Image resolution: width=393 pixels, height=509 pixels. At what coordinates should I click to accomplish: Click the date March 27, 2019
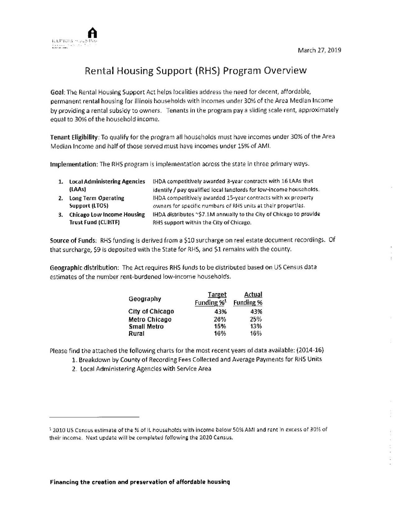coord(319,50)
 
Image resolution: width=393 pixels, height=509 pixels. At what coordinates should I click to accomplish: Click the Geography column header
coord(144,299)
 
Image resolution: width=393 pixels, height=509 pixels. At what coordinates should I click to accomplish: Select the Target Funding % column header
coord(210,298)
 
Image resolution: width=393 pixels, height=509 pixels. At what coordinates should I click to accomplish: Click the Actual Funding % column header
coord(248,298)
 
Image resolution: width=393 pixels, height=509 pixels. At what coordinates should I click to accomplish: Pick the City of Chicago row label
coord(151,311)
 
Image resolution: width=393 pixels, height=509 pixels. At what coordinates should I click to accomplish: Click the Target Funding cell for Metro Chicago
coord(220,319)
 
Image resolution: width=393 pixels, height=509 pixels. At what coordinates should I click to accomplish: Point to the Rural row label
coord(136,334)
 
